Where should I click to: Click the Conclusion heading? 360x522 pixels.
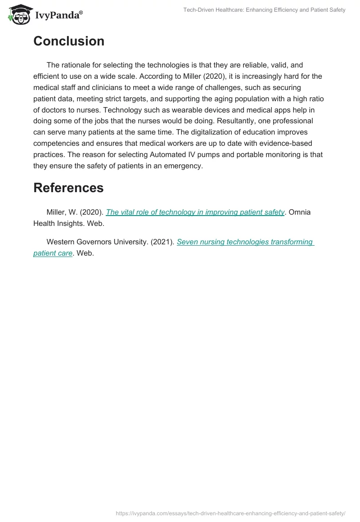pyautogui.click(x=69, y=41)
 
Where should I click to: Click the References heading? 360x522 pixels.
pyautogui.click(x=68, y=188)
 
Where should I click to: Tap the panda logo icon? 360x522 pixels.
pyautogui.click(x=18, y=15)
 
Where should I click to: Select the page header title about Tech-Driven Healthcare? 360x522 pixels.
pyautogui.click(x=264, y=10)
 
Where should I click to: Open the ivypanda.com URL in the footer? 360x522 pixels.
pyautogui.click(x=230, y=513)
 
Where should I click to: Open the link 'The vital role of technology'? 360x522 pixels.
pyautogui.click(x=195, y=212)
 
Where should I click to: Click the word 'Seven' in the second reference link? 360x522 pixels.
pyautogui.click(x=187, y=242)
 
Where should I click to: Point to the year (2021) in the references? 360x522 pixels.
pyautogui.click(x=162, y=242)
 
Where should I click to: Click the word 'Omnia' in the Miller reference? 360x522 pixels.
pyautogui.click(x=299, y=212)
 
